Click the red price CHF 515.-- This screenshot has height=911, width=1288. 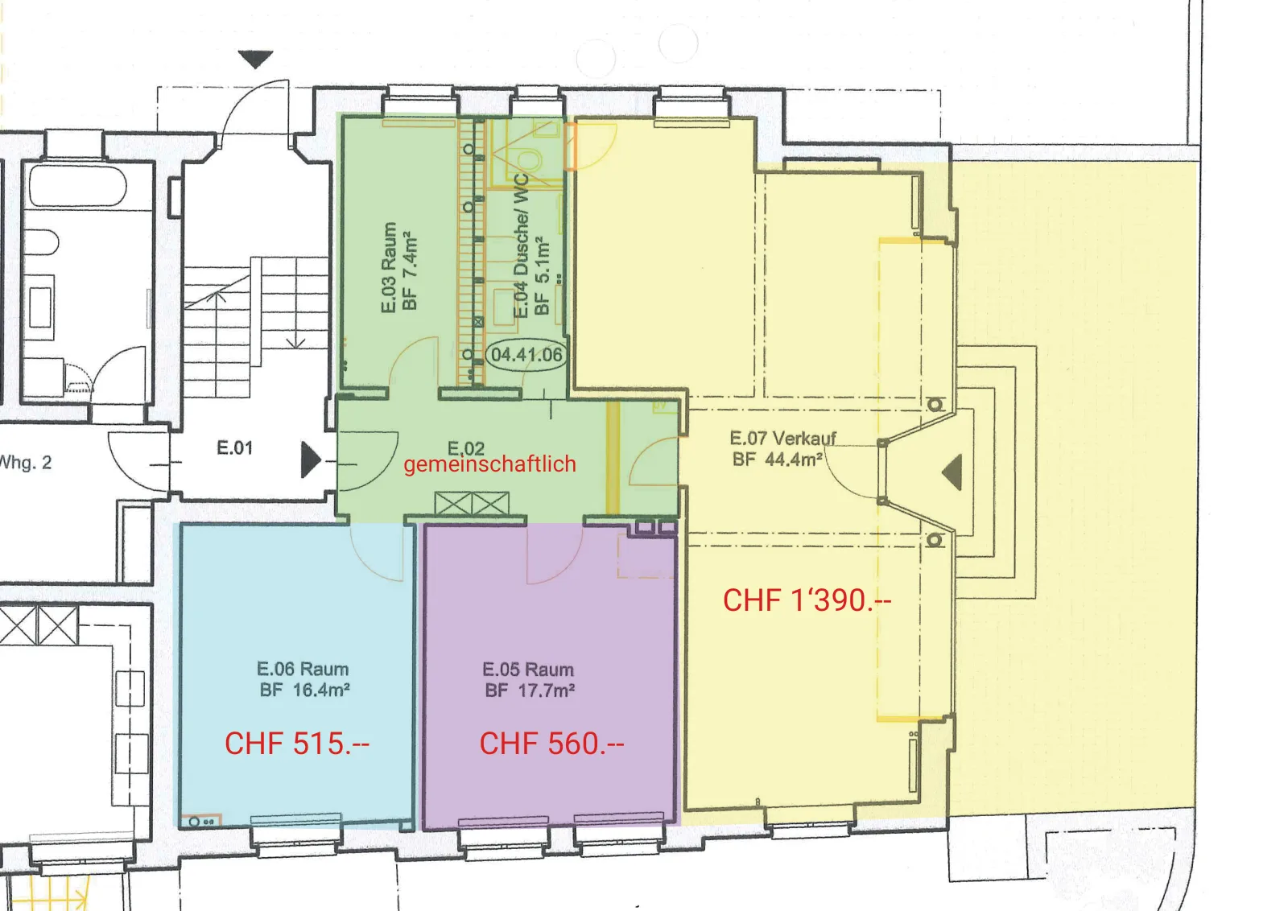[x=297, y=744]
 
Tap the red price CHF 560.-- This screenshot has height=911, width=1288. [x=551, y=744]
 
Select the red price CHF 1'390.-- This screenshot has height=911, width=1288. [x=807, y=600]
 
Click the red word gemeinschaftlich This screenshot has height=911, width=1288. [x=490, y=464]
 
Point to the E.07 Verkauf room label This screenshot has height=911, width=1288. [x=782, y=439]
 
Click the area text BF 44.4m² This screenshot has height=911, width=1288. [x=778, y=460]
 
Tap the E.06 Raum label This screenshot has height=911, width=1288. [x=303, y=669]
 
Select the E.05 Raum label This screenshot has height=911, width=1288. [x=528, y=670]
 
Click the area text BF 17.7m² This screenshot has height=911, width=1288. [x=530, y=690]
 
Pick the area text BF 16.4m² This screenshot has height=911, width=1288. [x=305, y=690]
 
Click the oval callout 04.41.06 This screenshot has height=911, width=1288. [x=526, y=355]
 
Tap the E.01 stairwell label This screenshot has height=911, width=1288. [x=234, y=447]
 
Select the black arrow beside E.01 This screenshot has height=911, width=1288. [x=310, y=460]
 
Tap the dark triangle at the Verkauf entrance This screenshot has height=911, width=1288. [x=953, y=472]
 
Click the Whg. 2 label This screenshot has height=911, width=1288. [x=26, y=463]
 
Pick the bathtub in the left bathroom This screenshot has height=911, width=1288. [x=77, y=186]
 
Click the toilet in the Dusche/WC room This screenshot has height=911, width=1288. [x=527, y=160]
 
